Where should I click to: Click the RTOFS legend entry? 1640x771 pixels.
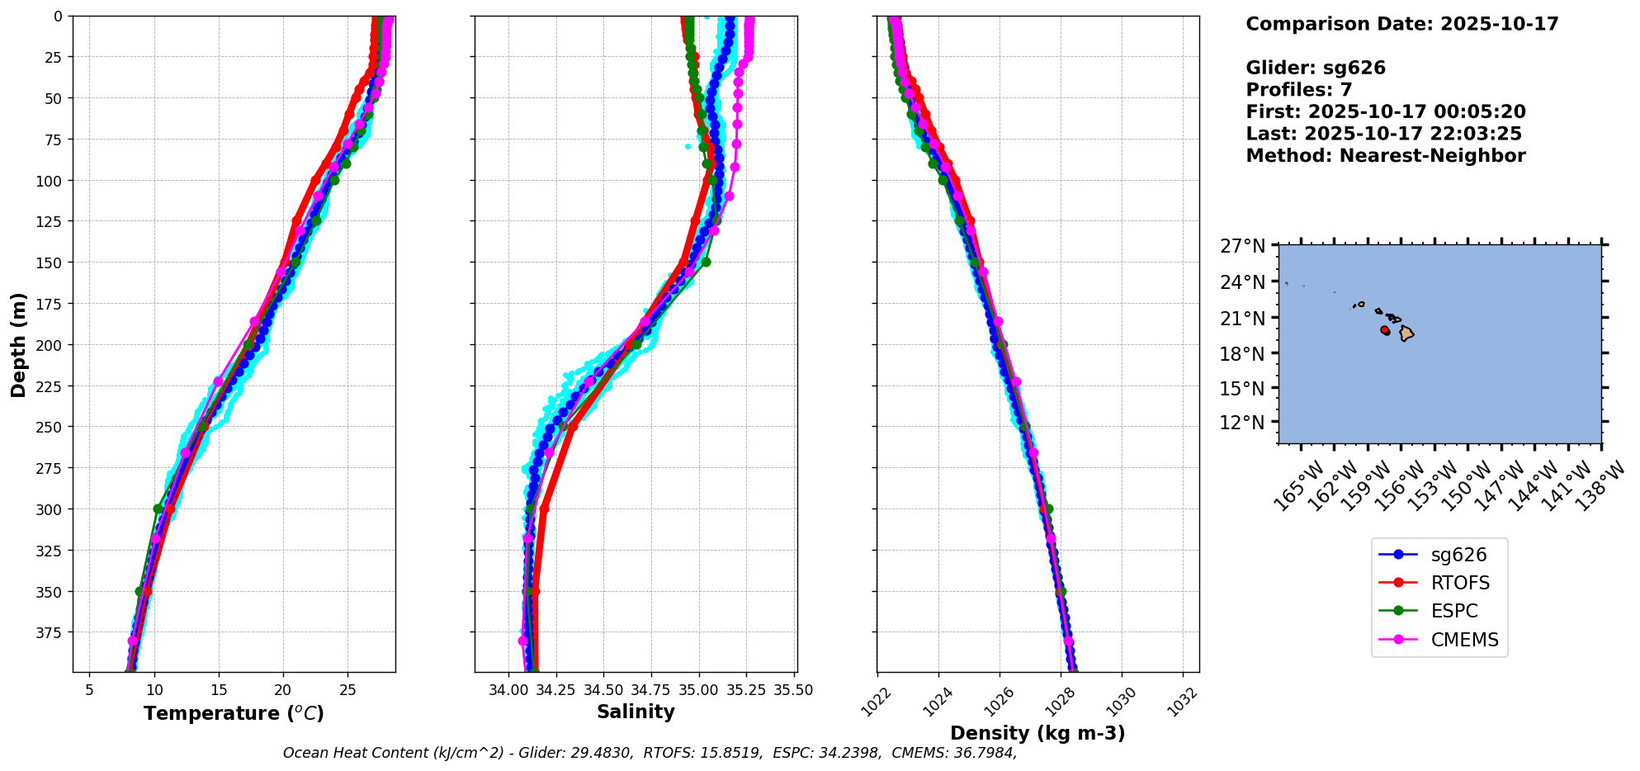(1459, 583)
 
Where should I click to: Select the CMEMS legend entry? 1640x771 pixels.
(1463, 640)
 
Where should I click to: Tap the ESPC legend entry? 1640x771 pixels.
(1453, 612)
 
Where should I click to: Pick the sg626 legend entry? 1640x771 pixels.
(1458, 555)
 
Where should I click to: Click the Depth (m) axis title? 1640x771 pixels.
(18, 344)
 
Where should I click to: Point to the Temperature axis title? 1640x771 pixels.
(234, 713)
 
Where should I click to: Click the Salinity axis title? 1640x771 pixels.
(636, 712)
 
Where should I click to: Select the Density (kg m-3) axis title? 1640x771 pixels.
(1037, 733)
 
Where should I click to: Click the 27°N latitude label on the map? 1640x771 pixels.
(1242, 246)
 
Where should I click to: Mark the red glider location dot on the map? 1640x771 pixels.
(1385, 330)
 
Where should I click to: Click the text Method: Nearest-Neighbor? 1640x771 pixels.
(1385, 155)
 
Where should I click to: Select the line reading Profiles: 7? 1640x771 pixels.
(1298, 90)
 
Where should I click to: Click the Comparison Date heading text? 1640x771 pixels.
(1401, 24)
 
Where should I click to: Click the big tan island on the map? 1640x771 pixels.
(1406, 333)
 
